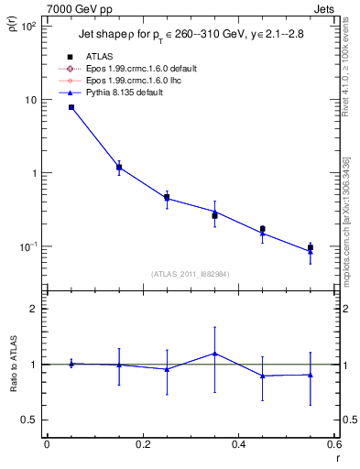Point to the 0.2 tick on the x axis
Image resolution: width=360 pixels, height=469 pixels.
click(x=142, y=445)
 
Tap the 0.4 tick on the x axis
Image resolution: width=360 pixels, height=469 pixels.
click(x=238, y=445)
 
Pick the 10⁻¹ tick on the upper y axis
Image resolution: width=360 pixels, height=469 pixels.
click(x=29, y=246)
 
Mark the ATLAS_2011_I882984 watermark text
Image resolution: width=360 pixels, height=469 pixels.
click(x=191, y=274)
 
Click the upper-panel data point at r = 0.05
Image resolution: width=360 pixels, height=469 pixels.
click(x=71, y=107)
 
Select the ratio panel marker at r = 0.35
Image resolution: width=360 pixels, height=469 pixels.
click(x=214, y=354)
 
